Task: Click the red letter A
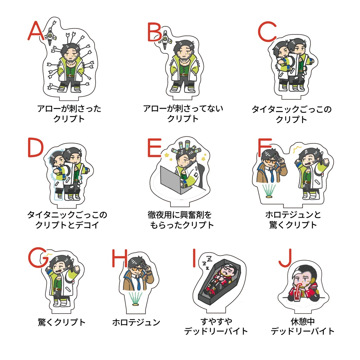coord(36,31)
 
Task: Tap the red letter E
coord(154,148)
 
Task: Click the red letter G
coord(38,257)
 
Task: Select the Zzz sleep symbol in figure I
coord(207,263)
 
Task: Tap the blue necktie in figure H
coord(138,282)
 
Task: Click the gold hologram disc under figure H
coord(136,304)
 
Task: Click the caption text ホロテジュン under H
coord(136,322)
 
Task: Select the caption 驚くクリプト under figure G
coord(62,322)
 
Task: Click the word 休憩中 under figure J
coord(303,321)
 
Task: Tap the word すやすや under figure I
coord(216,321)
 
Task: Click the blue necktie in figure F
coord(272,174)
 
